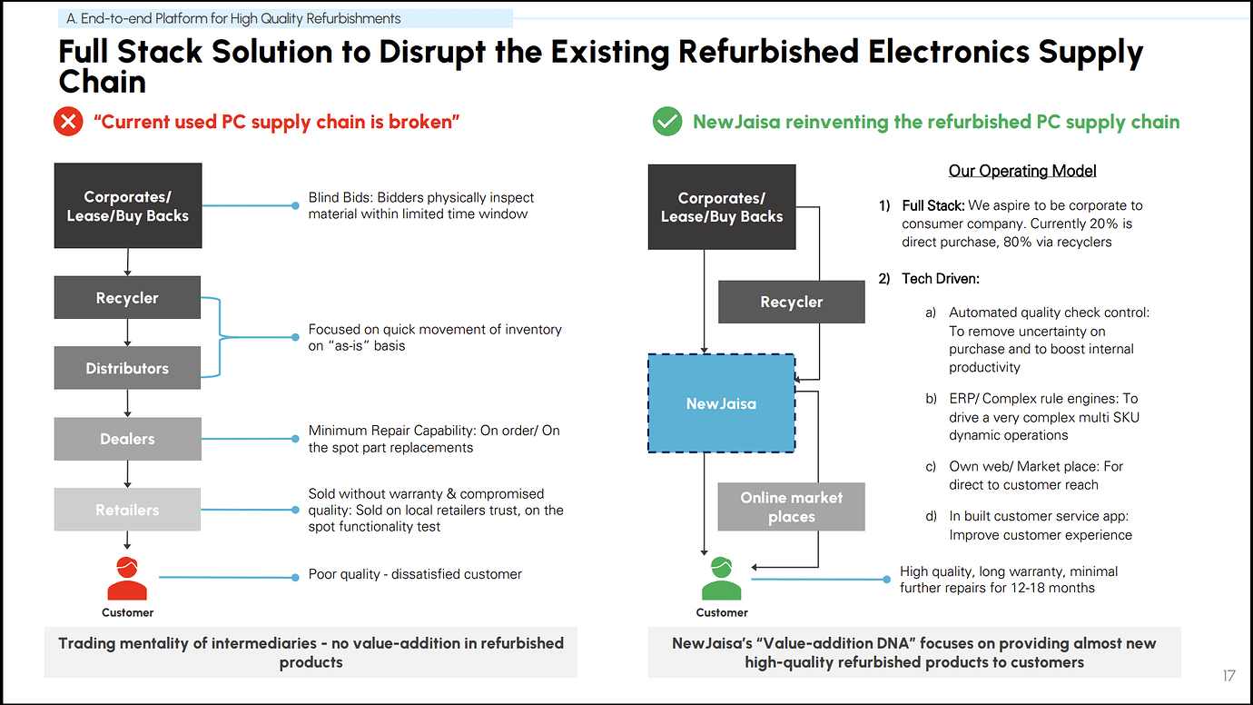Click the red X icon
68,122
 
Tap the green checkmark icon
667,122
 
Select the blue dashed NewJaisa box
721,403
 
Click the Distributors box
127,368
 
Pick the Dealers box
127,439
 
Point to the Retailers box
127,510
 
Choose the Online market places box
791,507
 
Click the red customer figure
127,578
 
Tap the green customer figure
722,578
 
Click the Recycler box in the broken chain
127,298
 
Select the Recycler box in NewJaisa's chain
791,302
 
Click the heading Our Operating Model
1022,171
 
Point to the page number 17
1228,676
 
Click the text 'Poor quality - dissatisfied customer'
415,574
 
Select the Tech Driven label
941,279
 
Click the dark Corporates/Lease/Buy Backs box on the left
127,206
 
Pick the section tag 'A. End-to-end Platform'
233,18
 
